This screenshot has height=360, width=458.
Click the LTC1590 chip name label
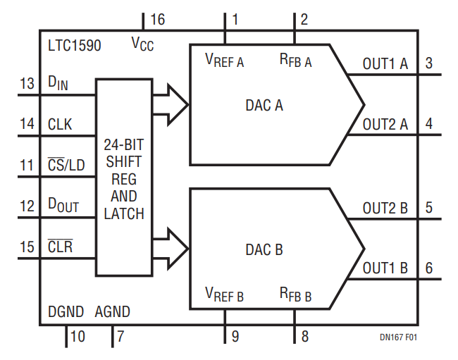click(74, 46)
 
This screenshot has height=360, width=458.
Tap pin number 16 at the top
click(157, 20)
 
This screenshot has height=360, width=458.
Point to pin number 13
click(27, 85)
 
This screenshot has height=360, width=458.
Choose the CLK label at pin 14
click(61, 125)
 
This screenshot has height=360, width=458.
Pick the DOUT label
click(63, 206)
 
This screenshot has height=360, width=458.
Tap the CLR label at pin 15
click(60, 247)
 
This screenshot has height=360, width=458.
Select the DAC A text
click(264, 106)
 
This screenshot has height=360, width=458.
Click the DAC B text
click(264, 249)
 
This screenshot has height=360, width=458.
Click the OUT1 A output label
click(385, 64)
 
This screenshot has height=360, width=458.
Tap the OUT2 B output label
click(385, 209)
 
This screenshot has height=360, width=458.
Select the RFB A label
click(295, 61)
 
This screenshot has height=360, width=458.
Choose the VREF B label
click(224, 293)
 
